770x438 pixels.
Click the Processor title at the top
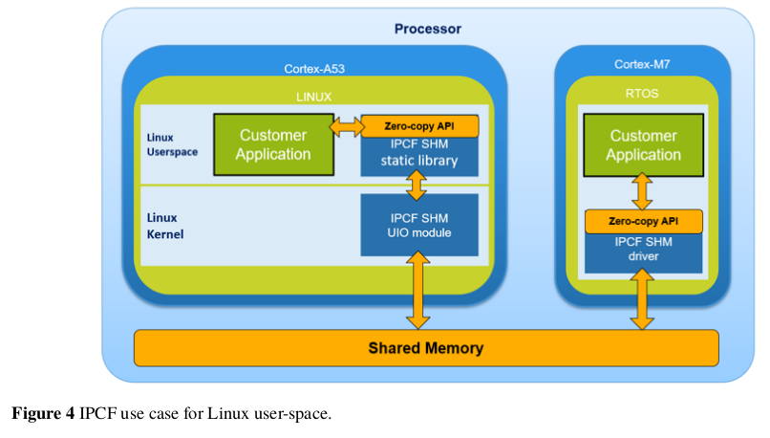pyautogui.click(x=427, y=30)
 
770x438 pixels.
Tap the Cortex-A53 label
pyautogui.click(x=314, y=69)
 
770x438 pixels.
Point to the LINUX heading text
pyautogui.click(x=313, y=97)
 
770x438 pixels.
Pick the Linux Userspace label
pyautogui.click(x=173, y=144)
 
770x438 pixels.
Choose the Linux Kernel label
pyautogui.click(x=165, y=226)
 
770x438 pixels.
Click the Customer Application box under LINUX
pyautogui.click(x=273, y=144)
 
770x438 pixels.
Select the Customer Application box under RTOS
pyautogui.click(x=643, y=144)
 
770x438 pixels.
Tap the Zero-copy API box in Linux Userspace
pyautogui.click(x=418, y=125)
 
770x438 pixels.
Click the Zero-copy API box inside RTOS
pyautogui.click(x=643, y=221)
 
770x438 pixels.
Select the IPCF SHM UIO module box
pyautogui.click(x=418, y=225)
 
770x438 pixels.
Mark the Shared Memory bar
pyautogui.click(x=425, y=348)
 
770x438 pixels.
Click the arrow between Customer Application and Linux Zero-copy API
pyautogui.click(x=345, y=125)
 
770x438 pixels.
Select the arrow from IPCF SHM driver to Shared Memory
pyautogui.click(x=643, y=301)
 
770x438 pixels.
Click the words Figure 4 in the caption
pyautogui.click(x=43, y=414)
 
